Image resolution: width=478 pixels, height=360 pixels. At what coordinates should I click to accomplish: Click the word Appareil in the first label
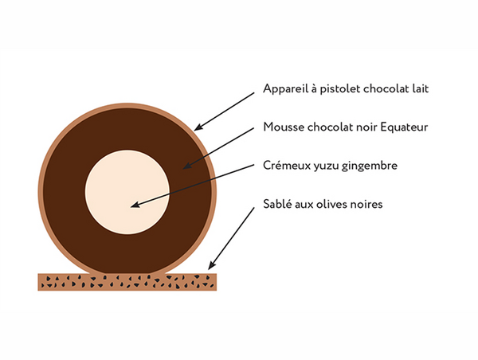click(x=285, y=89)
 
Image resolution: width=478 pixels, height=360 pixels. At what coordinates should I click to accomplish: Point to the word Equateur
click(x=404, y=127)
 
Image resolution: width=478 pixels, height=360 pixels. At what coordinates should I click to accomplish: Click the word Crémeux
click(x=287, y=166)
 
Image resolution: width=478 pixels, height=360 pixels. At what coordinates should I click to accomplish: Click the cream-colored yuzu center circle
click(x=127, y=192)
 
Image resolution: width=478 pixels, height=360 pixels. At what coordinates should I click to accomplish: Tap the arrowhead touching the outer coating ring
click(x=198, y=127)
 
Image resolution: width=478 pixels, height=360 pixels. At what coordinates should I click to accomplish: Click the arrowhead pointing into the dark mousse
click(x=186, y=166)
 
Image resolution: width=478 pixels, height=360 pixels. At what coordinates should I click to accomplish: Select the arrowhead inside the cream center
click(x=135, y=205)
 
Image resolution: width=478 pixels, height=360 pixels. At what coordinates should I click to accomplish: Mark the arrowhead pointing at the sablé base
click(x=211, y=265)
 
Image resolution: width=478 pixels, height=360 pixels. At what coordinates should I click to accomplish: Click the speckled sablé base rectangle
click(x=127, y=282)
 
